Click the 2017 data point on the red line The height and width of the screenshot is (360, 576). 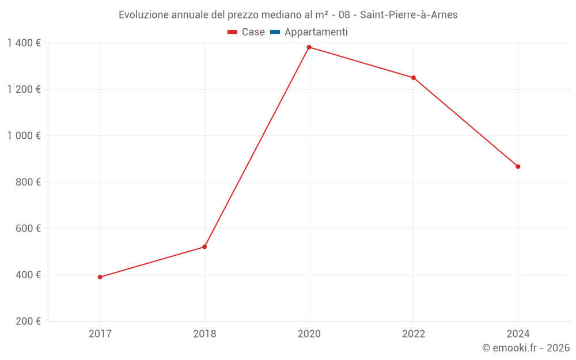(100, 277)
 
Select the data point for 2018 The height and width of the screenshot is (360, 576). (204, 247)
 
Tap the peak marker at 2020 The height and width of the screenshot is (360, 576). (309, 47)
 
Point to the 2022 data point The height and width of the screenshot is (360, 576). (414, 78)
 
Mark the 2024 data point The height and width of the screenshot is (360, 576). (518, 166)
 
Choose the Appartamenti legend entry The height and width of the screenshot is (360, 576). (316, 32)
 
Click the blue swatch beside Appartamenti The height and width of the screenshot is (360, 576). (275, 32)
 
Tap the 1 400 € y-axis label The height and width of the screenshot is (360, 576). (24, 43)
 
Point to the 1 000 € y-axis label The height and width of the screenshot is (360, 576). (24, 136)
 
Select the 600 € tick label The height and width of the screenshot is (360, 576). (28, 229)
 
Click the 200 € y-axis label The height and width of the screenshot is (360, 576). (28, 321)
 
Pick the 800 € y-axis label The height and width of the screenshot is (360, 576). (28, 182)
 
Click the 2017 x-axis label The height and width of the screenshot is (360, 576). (100, 334)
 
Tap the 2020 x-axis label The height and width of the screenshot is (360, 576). (309, 334)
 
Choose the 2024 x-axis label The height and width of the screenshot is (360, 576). (518, 334)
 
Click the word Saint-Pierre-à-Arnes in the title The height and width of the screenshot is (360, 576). (408, 15)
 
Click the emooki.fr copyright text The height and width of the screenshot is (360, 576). (526, 348)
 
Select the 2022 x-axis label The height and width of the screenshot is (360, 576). (414, 334)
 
